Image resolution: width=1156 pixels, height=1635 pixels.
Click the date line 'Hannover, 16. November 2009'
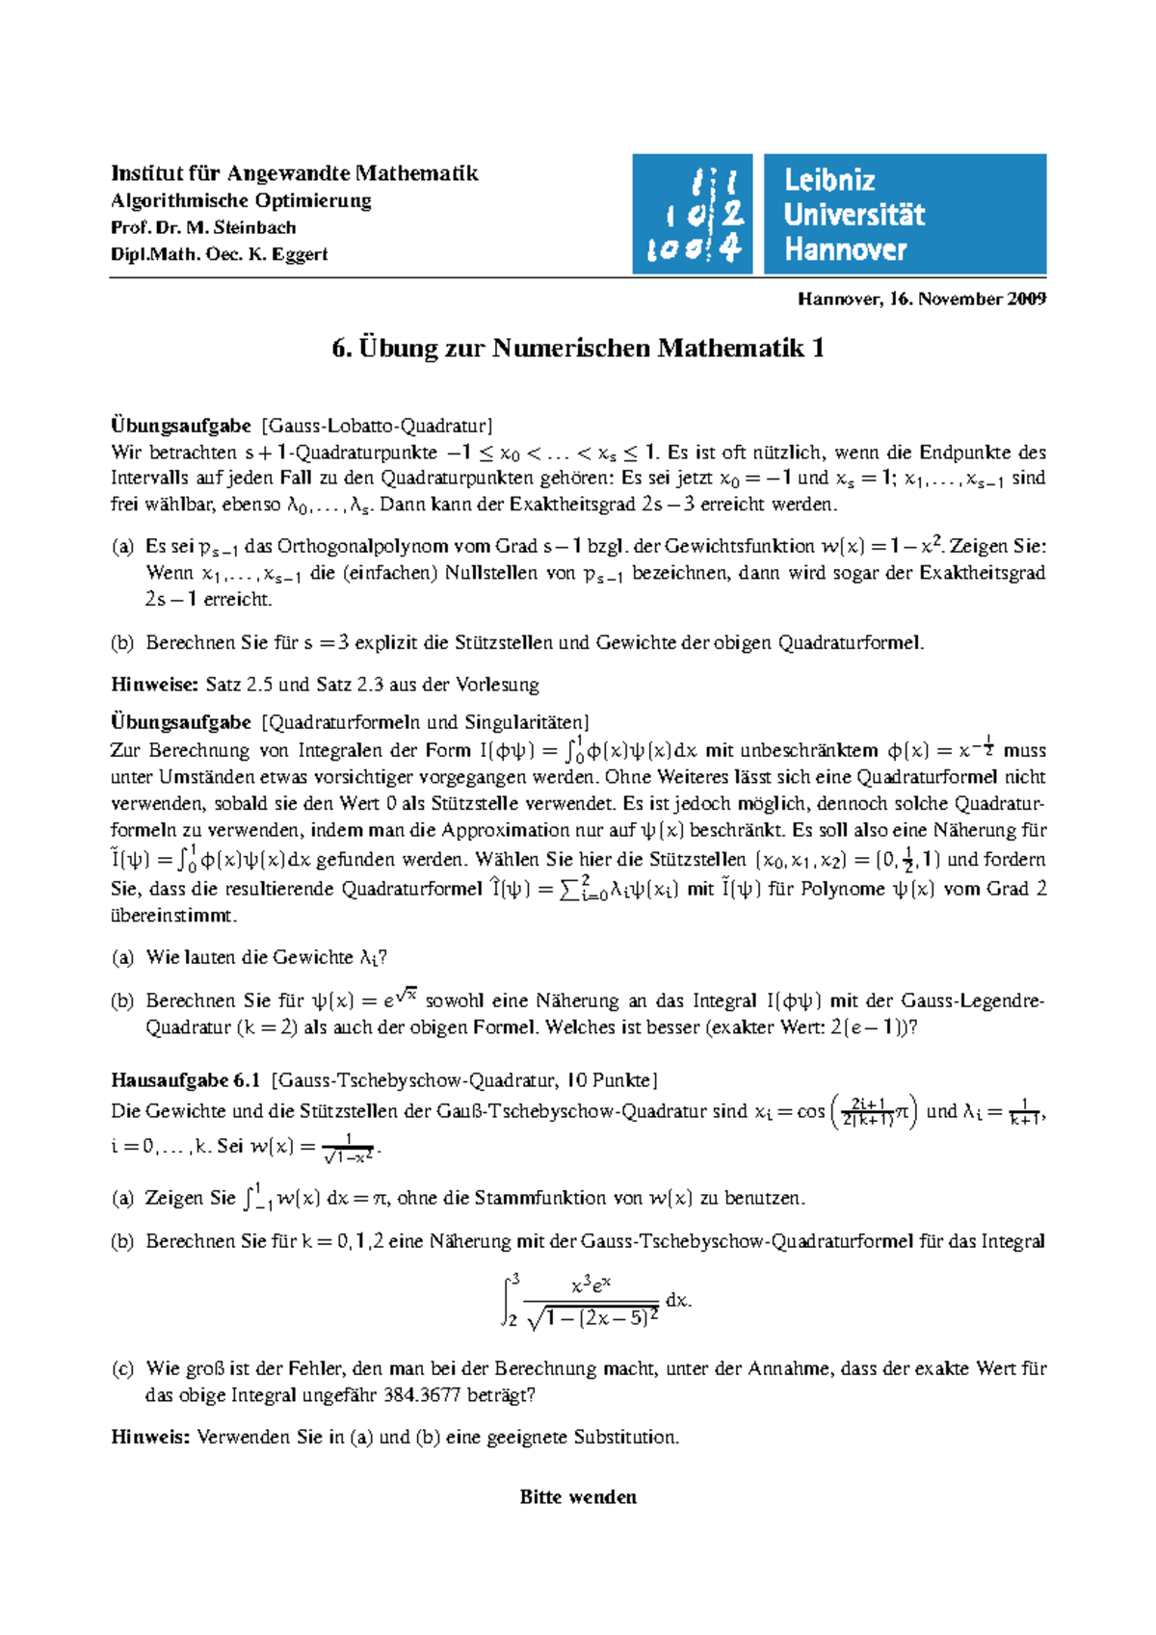(922, 298)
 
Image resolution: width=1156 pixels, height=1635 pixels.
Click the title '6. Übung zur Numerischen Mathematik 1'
(578, 348)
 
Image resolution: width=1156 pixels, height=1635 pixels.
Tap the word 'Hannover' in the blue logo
(845, 249)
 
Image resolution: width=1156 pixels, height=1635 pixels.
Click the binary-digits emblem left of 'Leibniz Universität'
(692, 215)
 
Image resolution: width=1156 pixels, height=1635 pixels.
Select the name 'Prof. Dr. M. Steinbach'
(203, 227)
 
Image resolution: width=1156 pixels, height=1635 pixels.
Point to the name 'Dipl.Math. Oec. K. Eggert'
(220, 254)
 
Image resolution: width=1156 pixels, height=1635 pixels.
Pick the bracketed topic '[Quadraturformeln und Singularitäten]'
(425, 722)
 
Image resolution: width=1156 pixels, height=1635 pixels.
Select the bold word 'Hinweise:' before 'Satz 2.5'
(155, 685)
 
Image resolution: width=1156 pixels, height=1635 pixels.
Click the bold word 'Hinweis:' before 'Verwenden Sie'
(151, 1437)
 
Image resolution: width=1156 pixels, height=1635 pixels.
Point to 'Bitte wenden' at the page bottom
(578, 1496)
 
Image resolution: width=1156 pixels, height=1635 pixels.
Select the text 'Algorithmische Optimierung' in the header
(241, 200)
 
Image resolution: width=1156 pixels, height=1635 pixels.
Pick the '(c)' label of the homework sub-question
(122, 1368)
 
